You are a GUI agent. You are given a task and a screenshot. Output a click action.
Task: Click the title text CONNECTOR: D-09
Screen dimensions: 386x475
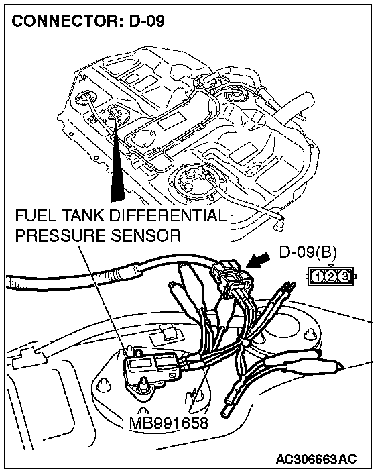pos(88,21)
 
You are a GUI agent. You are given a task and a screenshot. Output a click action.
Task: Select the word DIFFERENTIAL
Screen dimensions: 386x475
pos(167,216)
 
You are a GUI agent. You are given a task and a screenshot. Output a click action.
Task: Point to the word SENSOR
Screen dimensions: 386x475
pos(146,235)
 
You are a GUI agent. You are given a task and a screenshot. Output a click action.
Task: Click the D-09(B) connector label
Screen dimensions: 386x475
pos(308,252)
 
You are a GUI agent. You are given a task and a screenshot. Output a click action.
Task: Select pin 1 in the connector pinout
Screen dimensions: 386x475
pos(318,276)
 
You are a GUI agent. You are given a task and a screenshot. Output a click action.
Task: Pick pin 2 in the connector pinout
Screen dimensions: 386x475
pos(331,276)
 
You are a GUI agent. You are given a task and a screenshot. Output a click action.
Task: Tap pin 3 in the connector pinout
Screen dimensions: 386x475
pos(344,276)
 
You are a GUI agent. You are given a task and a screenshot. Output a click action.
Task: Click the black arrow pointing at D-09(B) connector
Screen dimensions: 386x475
pos(258,260)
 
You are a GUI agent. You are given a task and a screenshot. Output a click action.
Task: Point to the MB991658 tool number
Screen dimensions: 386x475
pos(168,423)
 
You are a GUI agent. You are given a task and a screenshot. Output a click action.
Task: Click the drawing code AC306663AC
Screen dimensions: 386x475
pos(316,458)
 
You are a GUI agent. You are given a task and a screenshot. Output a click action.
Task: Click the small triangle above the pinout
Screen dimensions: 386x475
pos(331,266)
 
